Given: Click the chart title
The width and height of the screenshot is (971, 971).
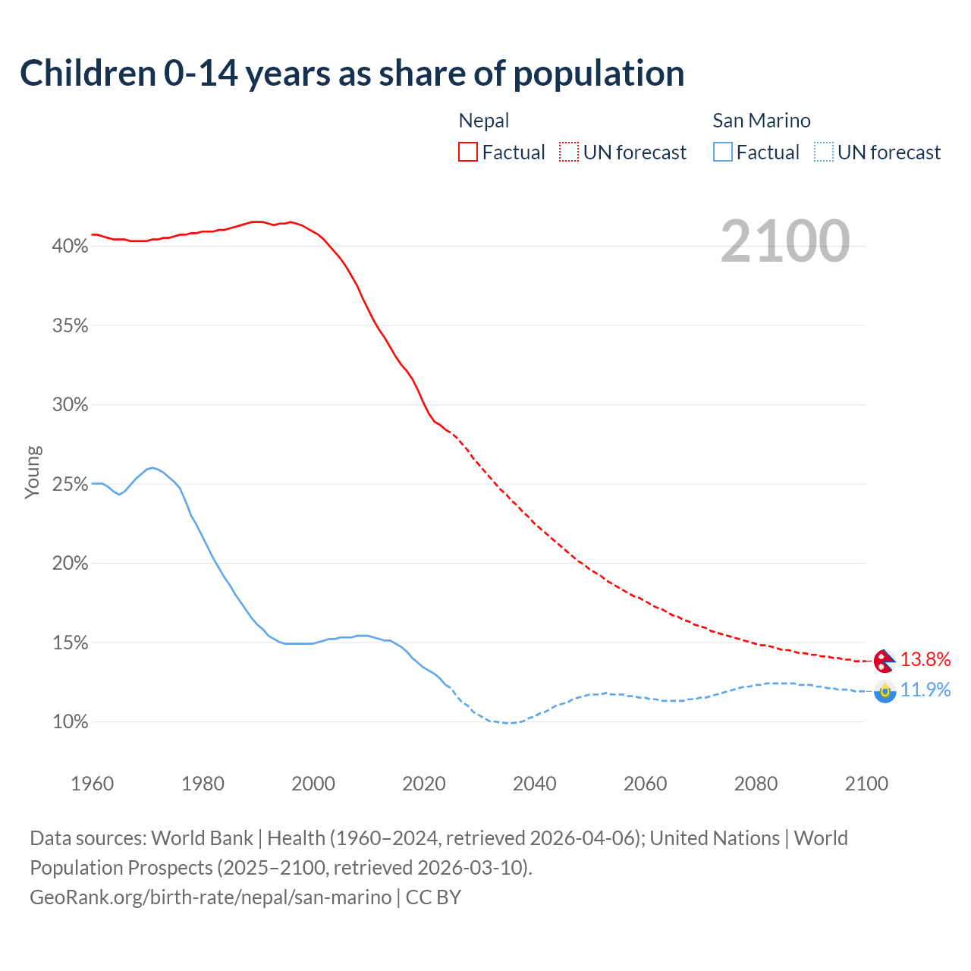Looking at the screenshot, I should tap(352, 74).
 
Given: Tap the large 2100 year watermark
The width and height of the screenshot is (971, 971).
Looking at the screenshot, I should tap(784, 241).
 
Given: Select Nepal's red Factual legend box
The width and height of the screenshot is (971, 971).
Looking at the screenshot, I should tap(468, 152).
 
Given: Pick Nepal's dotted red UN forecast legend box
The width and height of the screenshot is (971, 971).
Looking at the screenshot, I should tap(569, 152).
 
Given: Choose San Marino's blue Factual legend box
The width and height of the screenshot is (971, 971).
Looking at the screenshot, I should tap(723, 152).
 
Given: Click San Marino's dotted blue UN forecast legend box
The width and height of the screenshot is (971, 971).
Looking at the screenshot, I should tap(823, 152).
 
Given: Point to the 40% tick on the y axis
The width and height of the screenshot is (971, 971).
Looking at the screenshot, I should tap(70, 247).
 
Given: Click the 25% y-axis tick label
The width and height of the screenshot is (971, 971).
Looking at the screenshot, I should tap(70, 484).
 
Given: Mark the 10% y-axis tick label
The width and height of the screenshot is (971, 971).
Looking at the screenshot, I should tap(70, 722).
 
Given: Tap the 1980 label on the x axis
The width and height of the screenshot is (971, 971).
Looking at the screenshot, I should tap(203, 784).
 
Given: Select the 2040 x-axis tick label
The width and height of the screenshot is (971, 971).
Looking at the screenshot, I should tap(534, 784).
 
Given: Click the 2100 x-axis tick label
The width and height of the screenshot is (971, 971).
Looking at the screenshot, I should tap(866, 784).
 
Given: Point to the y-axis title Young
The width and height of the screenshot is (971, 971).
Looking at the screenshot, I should tap(33, 472).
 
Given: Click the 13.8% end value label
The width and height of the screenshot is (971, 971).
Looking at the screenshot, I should tap(925, 659).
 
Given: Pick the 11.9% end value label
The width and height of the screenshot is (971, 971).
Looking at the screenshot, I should tap(925, 690).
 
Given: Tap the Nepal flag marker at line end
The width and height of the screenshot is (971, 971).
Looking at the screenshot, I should tap(885, 661).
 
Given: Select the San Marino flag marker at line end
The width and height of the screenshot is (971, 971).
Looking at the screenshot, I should tap(885, 691).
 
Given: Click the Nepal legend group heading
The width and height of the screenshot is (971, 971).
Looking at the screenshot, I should tap(484, 121).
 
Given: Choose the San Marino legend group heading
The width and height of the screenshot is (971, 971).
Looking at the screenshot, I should tap(762, 121).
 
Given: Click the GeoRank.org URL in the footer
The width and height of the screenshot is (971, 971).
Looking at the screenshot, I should tap(211, 897).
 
